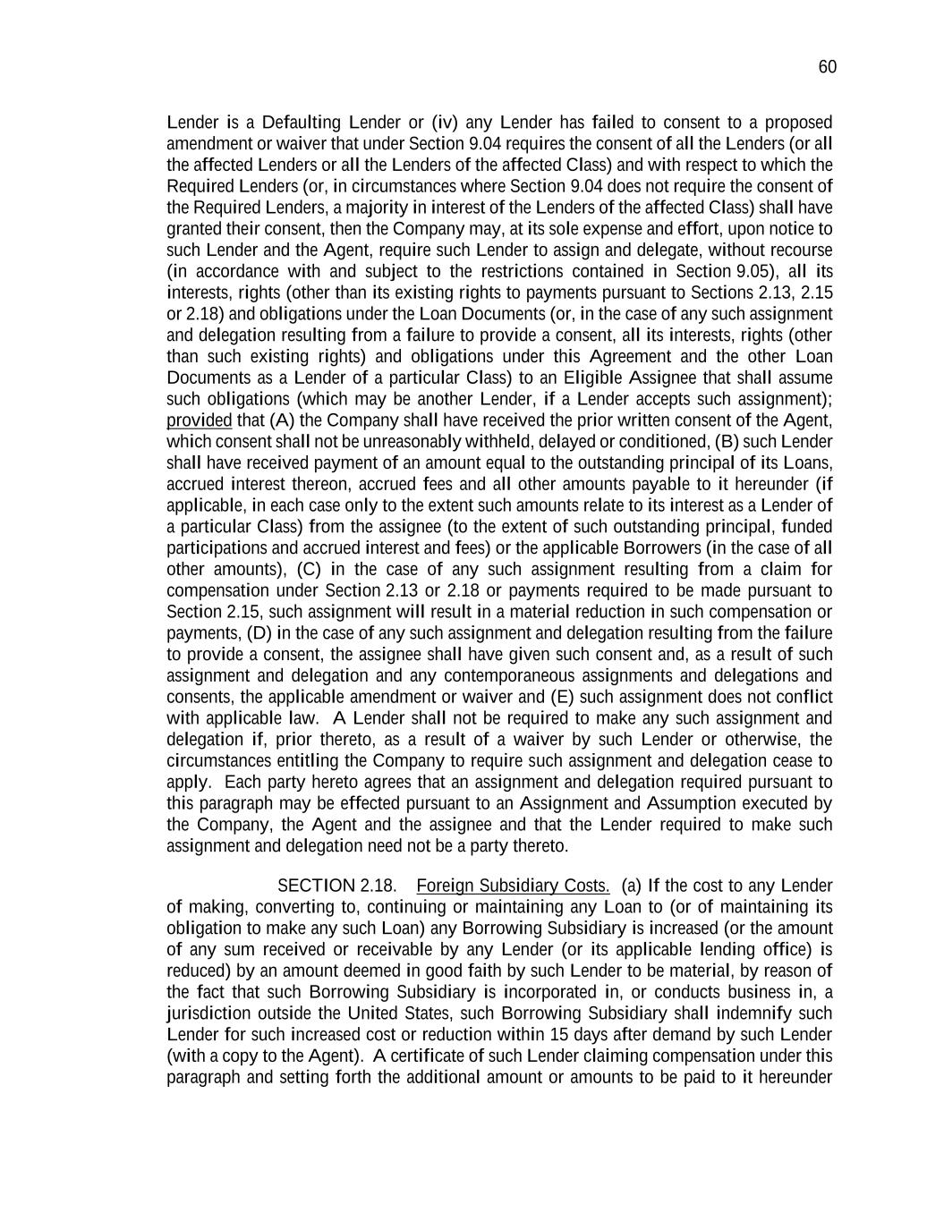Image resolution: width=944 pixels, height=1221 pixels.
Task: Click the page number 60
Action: [827, 68]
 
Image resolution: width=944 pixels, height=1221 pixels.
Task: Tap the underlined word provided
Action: [199, 420]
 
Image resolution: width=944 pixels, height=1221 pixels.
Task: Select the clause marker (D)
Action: [259, 633]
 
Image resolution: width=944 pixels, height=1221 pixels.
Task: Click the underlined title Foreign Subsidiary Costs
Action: [513, 886]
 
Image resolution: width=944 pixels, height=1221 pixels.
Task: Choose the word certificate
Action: [432, 1056]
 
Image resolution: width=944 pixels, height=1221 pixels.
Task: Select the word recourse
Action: [800, 250]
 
